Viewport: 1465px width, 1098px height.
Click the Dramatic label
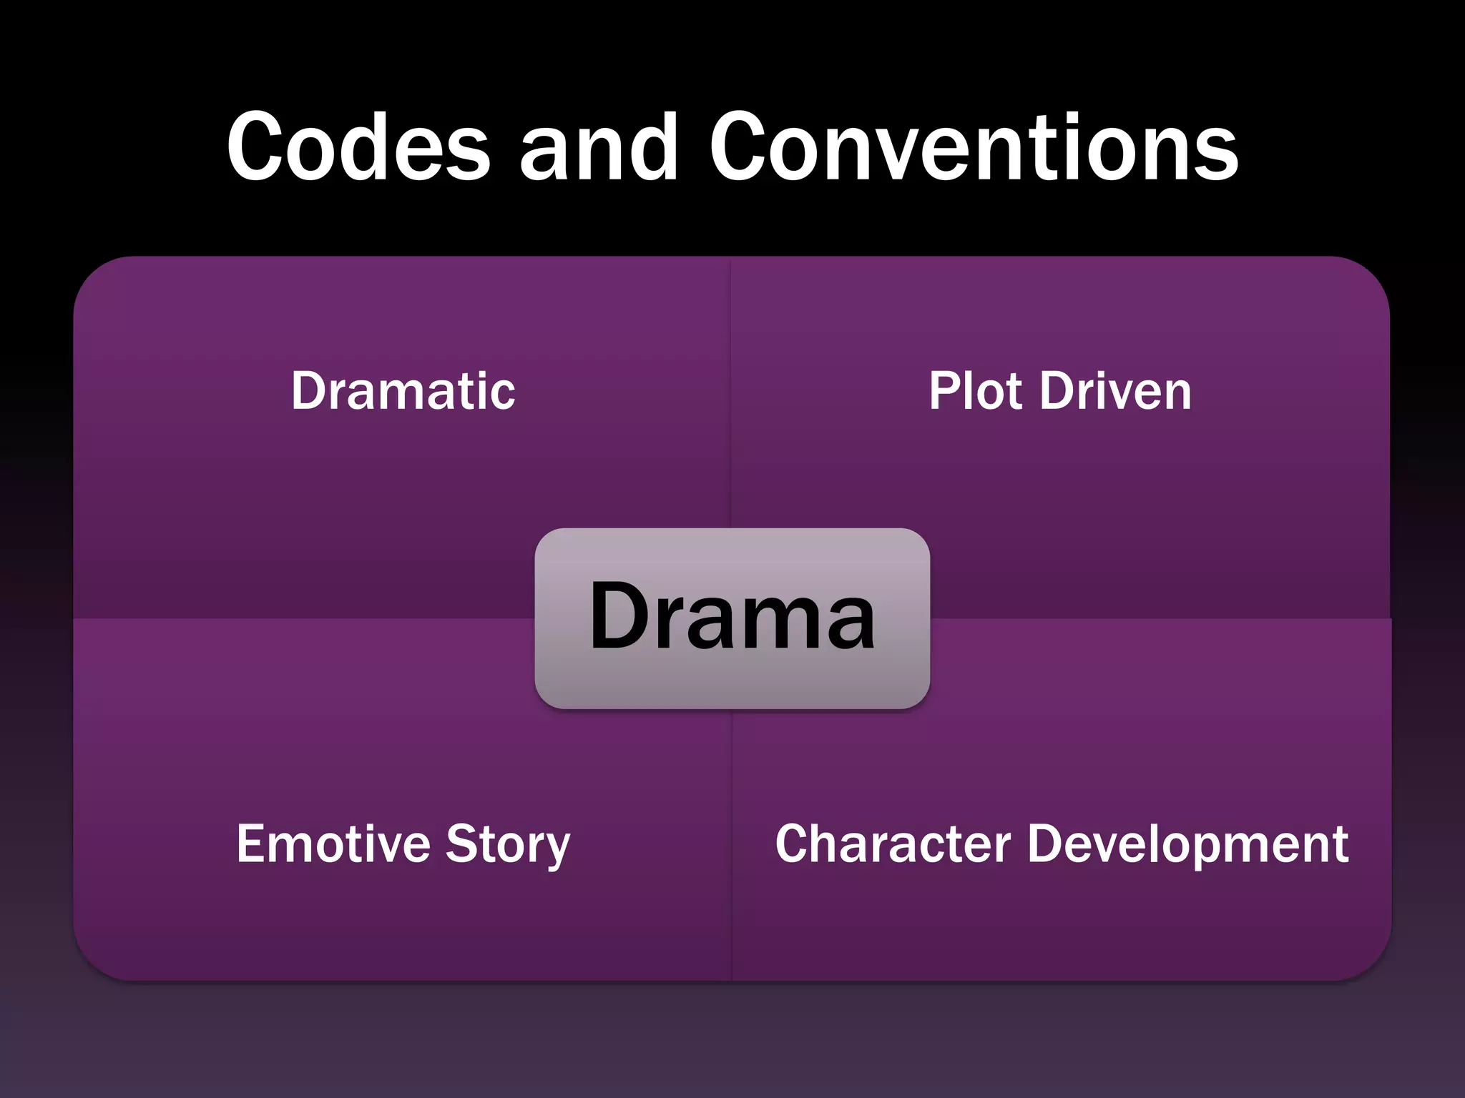pyautogui.click(x=403, y=391)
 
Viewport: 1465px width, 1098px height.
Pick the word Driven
pyautogui.click(x=1115, y=391)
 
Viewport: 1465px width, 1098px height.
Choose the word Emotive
pyautogui.click(x=333, y=844)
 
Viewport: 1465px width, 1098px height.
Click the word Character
pyautogui.click(x=893, y=844)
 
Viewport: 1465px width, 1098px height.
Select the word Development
pyautogui.click(x=1187, y=845)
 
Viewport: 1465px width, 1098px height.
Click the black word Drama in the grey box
pyautogui.click(x=732, y=615)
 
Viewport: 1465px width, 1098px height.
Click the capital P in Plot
pyautogui.click(x=944, y=391)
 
